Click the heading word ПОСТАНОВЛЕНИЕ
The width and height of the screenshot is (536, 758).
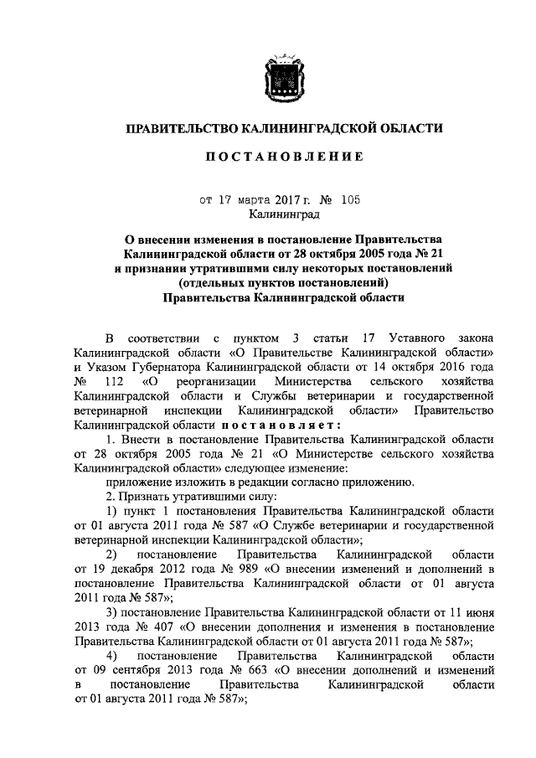(284, 157)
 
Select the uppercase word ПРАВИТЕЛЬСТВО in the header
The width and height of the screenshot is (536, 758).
(179, 128)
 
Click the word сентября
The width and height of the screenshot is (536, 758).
(128, 671)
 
